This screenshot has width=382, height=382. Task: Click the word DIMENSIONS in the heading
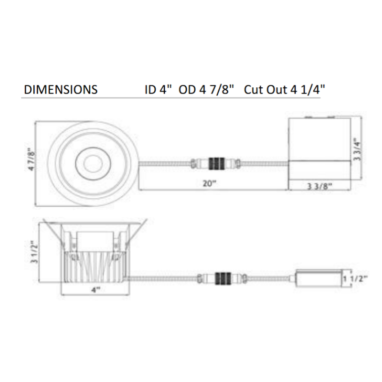(61, 89)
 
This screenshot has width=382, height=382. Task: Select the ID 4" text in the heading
(159, 89)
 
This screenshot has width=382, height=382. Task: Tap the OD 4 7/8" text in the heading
(206, 89)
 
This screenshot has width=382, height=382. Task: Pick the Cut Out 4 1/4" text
(284, 89)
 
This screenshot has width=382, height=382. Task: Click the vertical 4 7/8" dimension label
(32, 159)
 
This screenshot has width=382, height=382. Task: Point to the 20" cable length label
(210, 183)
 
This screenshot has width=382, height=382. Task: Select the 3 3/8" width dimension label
(319, 186)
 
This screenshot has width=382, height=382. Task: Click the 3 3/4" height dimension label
(357, 149)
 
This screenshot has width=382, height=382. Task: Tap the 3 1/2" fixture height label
(34, 252)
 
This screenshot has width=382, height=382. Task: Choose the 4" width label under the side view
(96, 290)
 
